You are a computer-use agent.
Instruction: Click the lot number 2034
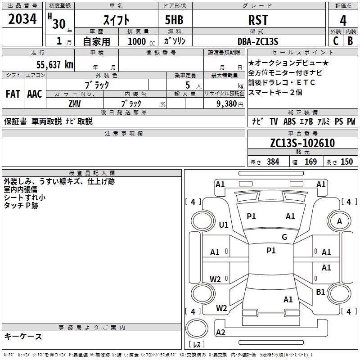click(22, 19)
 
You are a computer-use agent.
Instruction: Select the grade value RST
click(258, 20)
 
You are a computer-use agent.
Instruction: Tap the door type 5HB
click(174, 20)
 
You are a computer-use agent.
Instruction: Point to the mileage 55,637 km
click(55, 65)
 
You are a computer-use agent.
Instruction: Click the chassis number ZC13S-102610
click(302, 143)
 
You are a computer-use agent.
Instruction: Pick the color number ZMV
click(75, 104)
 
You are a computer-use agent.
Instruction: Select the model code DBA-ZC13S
click(258, 41)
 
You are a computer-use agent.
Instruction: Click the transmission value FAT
click(13, 94)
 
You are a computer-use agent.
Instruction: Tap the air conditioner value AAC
click(35, 94)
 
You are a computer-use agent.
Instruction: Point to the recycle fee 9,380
click(227, 104)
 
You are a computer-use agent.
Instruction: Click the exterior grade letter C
click(336, 41)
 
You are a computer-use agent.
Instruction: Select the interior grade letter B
click(350, 41)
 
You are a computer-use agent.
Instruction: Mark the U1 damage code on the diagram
click(224, 225)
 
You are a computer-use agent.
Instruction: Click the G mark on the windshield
click(284, 237)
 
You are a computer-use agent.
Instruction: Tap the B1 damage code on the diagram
click(320, 292)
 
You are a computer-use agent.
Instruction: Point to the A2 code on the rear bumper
click(220, 332)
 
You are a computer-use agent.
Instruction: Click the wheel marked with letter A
click(339, 221)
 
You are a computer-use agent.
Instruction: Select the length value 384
click(273, 162)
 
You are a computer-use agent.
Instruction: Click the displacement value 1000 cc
click(141, 41)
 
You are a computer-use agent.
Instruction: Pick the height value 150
click(346, 162)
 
